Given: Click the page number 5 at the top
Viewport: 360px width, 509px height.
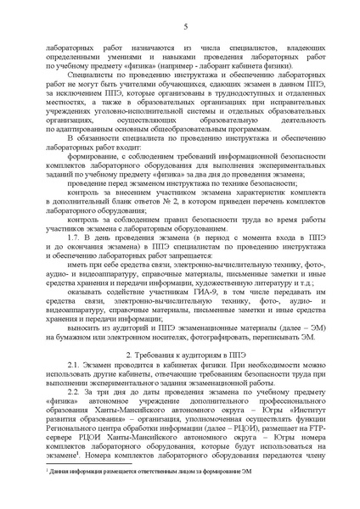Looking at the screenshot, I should click(x=183, y=28).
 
